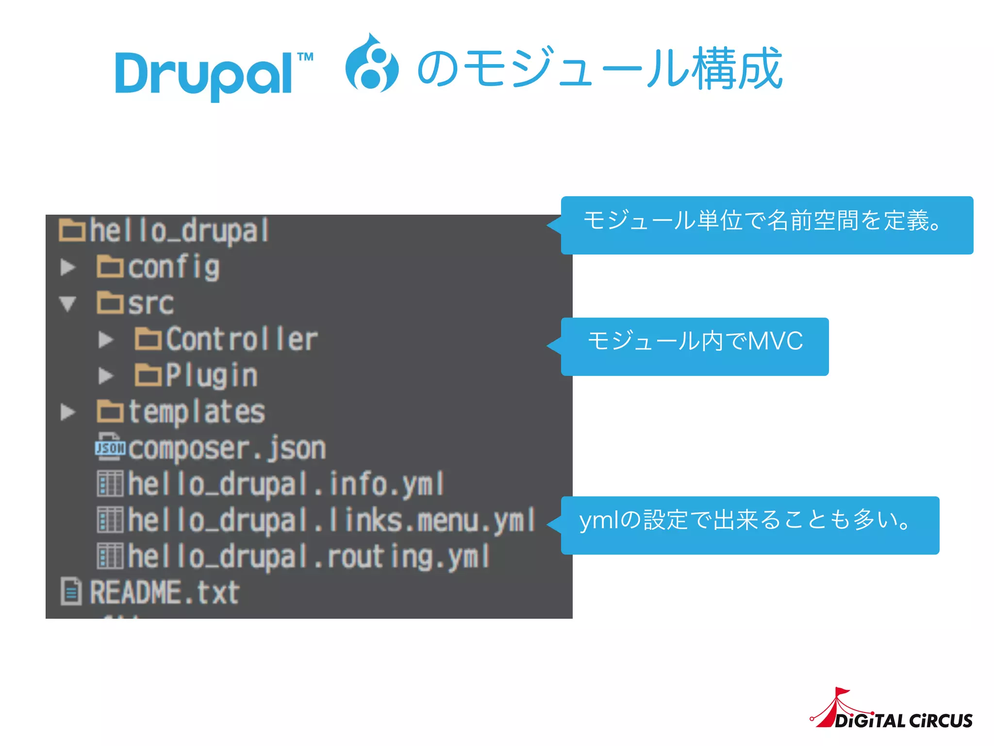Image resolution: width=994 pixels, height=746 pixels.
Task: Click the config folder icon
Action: tap(110, 267)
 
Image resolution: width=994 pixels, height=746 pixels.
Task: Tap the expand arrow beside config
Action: tap(68, 267)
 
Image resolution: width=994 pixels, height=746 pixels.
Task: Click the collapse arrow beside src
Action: tap(68, 304)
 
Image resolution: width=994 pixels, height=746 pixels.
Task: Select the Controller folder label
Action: tap(242, 339)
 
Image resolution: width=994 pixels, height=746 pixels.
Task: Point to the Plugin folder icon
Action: tap(148, 375)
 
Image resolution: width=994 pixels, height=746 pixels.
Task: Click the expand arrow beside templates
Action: tap(68, 412)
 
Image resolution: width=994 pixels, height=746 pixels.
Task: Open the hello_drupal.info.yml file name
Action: tap(286, 484)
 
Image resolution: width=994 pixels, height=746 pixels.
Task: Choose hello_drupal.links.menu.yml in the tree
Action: tap(331, 520)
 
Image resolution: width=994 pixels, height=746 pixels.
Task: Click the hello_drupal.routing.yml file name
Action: tap(309, 557)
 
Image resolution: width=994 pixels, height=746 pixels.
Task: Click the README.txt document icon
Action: tap(71, 592)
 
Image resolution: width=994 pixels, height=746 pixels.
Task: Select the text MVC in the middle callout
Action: tap(775, 341)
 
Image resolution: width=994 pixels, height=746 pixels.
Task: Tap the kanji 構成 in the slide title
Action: tap(738, 69)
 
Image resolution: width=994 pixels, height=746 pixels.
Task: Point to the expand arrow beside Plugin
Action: tap(106, 375)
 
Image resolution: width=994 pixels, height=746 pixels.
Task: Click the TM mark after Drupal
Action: tap(305, 57)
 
